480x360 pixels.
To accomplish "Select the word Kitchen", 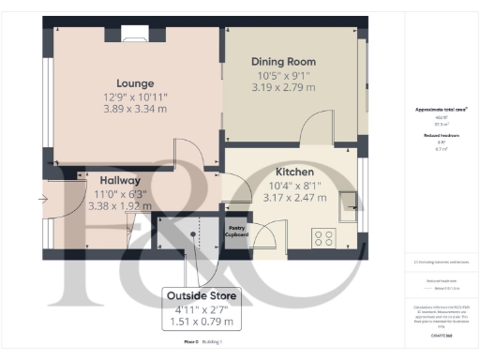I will click(x=294, y=172).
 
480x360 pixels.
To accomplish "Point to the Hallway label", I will click(x=120, y=180).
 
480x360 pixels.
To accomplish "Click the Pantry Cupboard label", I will click(x=237, y=231).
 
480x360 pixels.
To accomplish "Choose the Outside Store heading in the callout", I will click(x=202, y=296).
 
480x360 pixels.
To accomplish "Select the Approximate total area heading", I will click(x=442, y=110).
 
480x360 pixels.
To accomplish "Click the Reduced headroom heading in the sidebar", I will click(x=441, y=135).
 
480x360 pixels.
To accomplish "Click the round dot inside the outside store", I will click(x=193, y=234).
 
